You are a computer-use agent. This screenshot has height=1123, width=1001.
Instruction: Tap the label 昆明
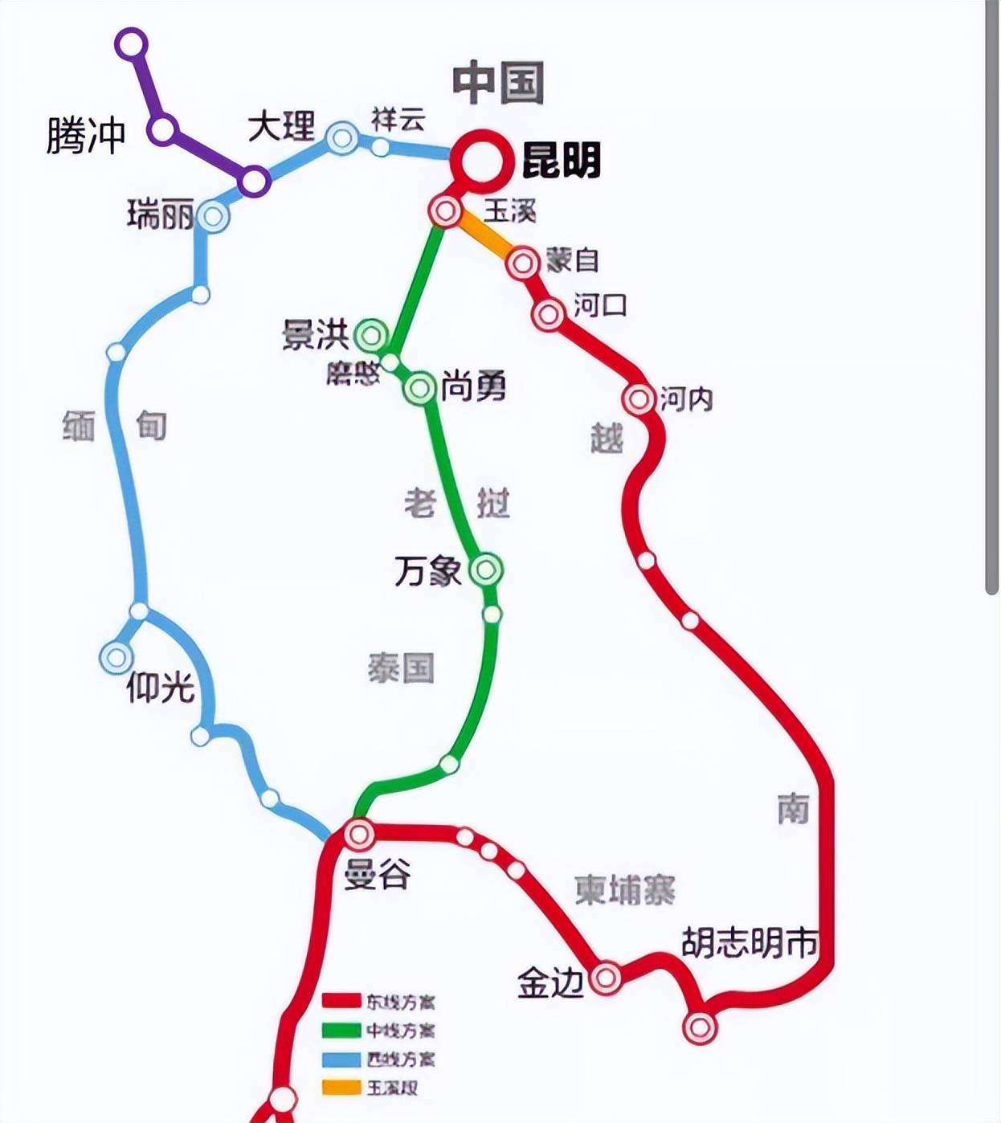pyautogui.click(x=562, y=161)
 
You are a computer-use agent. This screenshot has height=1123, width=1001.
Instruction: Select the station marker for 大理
pyautogui.click(x=341, y=137)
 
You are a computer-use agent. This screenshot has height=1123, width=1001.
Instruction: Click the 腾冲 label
pyautogui.click(x=86, y=134)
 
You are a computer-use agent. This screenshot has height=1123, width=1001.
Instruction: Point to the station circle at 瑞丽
pyautogui.click(x=213, y=215)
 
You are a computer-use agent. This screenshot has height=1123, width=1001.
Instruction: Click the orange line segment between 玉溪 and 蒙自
pyautogui.click(x=485, y=237)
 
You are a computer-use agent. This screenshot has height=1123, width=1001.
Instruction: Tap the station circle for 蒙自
pyautogui.click(x=523, y=262)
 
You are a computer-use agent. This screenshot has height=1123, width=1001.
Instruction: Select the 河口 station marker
pyautogui.click(x=548, y=314)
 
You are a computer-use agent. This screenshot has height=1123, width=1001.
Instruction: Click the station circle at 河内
pyautogui.click(x=639, y=398)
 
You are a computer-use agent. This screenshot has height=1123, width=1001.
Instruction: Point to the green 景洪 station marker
pyautogui.click(x=371, y=335)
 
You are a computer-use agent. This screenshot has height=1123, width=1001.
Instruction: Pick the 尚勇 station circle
pyautogui.click(x=419, y=389)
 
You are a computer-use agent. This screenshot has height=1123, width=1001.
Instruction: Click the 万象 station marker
pyautogui.click(x=485, y=570)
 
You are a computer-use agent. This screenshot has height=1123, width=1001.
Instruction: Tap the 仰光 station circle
pyautogui.click(x=116, y=657)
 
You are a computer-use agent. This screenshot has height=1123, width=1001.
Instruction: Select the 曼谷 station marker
pyautogui.click(x=358, y=835)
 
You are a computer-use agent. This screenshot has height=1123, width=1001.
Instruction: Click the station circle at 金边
pyautogui.click(x=605, y=978)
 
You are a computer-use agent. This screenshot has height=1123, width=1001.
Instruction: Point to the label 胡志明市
pyautogui.click(x=749, y=942)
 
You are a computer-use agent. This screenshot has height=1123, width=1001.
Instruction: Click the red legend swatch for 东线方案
pyautogui.click(x=341, y=1001)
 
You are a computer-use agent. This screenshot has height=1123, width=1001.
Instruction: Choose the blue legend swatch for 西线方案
pyautogui.click(x=341, y=1060)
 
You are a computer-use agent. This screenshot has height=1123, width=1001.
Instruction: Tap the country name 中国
pyautogui.click(x=498, y=83)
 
